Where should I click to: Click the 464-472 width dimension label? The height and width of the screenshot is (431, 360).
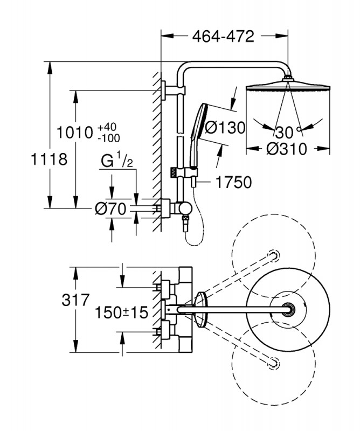coord(223,37)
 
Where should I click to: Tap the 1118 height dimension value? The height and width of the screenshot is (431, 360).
coord(49,160)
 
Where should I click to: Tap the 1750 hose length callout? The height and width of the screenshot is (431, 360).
coord(234,183)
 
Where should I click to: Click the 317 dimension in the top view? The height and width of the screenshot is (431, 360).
coord(75,301)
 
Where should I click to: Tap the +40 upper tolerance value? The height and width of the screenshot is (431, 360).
coord(107,127)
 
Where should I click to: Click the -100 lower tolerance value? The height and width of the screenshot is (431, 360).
coord(109,138)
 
